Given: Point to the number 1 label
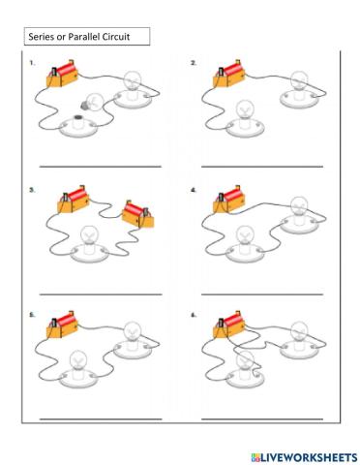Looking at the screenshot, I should pyautogui.click(x=32, y=63).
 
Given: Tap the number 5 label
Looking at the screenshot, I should pyautogui.click(x=32, y=315).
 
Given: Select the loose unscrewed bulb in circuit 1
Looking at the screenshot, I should pyautogui.click(x=93, y=101).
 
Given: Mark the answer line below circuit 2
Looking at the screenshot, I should pyautogui.click(x=261, y=168).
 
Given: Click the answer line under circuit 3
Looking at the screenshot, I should pyautogui.click(x=100, y=294).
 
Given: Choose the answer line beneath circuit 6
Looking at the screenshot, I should pyautogui.click(x=261, y=419).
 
